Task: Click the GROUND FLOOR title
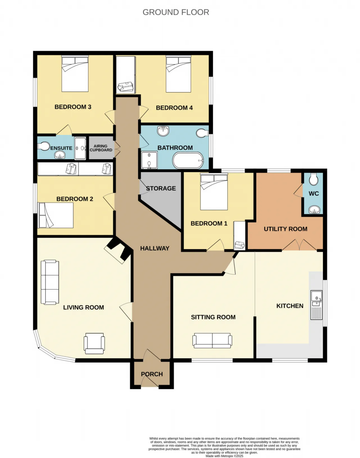pos(176,12)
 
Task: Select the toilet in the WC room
pos(314,179)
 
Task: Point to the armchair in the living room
pos(94,343)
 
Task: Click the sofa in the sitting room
pos(212,340)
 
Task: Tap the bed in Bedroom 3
pos(75,74)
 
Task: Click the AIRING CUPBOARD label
pos(101,148)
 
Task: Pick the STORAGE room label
pos(161,188)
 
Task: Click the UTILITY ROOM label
pos(285,229)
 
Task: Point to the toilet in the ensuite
pos(44,146)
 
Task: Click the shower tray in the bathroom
pos(149,160)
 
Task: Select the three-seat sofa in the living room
pos(50,282)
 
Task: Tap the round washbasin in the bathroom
pos(163,131)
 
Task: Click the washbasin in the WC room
pos(314,210)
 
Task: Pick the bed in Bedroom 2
pos(56,215)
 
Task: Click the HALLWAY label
pos(155,248)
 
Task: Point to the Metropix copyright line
pos(224,456)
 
